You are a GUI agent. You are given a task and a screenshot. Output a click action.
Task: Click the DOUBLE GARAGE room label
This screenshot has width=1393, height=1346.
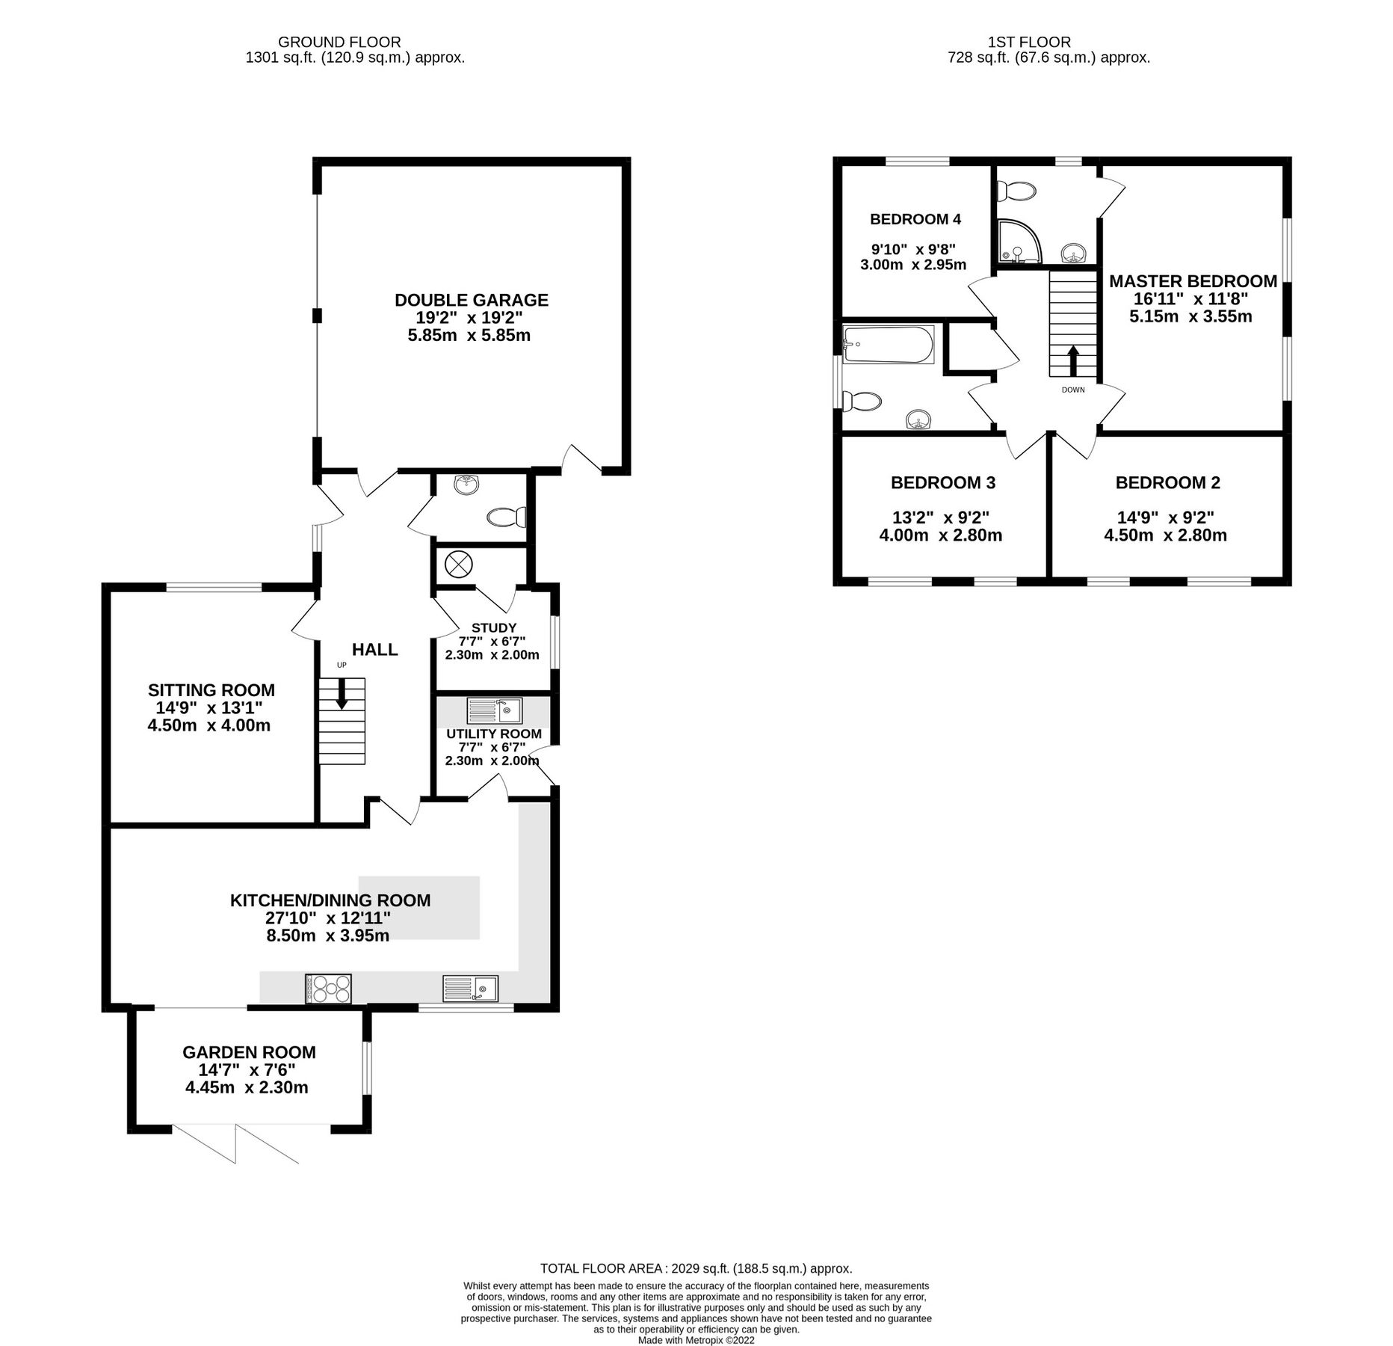tap(471, 300)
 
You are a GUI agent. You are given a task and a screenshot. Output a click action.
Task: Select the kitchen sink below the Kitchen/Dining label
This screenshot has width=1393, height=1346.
tap(470, 988)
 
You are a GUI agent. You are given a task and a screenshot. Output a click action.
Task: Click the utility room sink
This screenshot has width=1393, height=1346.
tap(494, 710)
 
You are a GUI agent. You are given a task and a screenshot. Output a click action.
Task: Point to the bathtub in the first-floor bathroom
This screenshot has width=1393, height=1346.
tap(889, 345)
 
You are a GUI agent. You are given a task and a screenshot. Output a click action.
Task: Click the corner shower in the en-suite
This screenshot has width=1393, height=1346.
tap(1019, 242)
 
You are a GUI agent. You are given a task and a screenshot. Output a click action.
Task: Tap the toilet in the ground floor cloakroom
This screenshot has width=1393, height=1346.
tap(507, 517)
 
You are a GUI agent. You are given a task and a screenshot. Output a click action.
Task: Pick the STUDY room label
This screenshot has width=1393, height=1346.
tap(493, 627)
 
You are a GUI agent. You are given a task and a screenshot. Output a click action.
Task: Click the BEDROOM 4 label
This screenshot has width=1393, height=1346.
tap(915, 219)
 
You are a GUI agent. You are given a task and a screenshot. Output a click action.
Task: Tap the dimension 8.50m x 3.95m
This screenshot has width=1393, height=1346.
tap(327, 935)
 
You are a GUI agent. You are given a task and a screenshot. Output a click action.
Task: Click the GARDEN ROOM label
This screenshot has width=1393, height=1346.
tap(249, 1052)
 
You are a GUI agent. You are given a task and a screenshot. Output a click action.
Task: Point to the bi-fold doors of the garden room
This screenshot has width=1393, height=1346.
tap(236, 1143)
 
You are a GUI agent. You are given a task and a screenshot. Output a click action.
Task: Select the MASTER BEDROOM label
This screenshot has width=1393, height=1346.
tap(1193, 281)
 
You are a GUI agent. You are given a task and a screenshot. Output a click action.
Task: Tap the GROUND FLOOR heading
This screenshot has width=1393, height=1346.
tap(339, 43)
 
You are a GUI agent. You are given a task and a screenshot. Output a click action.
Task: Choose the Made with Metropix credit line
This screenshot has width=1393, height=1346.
tap(696, 1340)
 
